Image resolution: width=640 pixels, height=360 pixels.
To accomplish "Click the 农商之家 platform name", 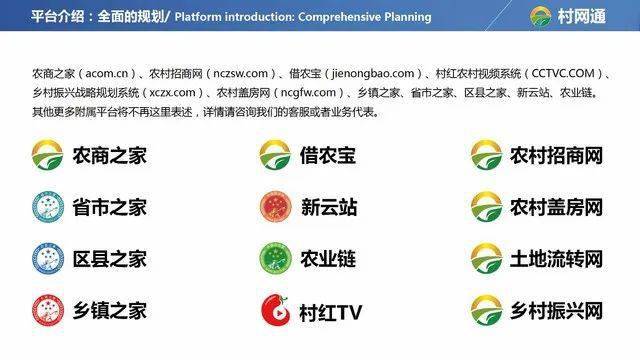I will click(109, 156).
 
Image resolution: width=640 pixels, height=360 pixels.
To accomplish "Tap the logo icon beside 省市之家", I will click(47, 207).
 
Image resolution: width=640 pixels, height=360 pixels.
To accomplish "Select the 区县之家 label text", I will click(109, 259).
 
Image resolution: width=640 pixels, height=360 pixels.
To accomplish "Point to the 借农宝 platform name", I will click(327, 156).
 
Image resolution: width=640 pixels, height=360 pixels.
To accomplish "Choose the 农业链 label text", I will click(327, 259).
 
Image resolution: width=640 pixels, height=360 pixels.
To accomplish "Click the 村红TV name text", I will click(329, 312).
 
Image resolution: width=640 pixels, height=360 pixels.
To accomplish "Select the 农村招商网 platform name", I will click(556, 156).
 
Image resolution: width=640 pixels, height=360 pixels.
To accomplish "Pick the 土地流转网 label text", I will click(556, 259).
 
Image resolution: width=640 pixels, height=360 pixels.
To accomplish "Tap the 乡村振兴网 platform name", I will click(556, 310).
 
